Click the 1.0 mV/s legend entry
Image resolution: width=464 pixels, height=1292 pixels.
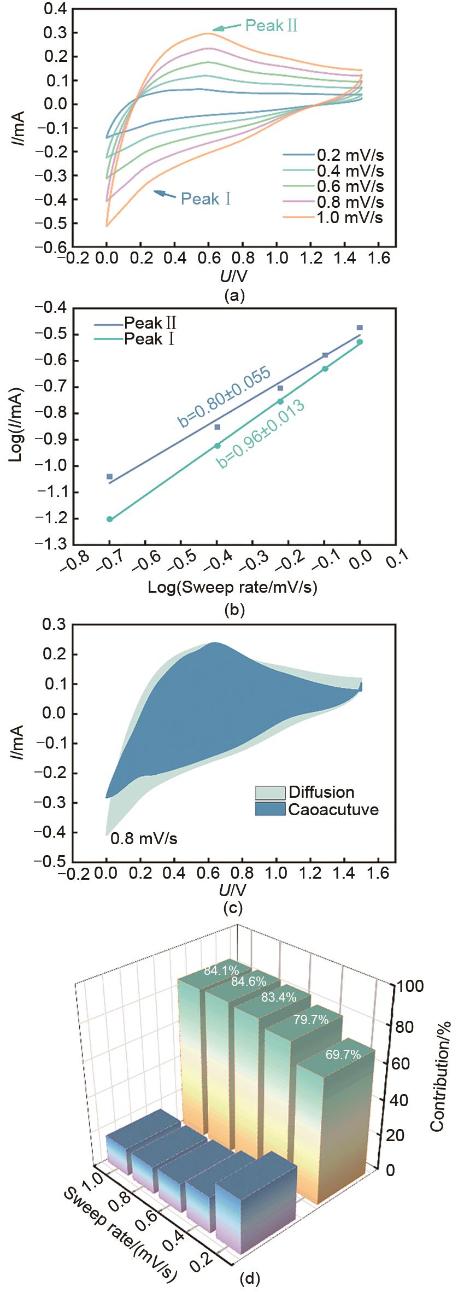click(x=350, y=218)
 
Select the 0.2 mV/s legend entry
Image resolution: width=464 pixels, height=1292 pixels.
click(x=350, y=155)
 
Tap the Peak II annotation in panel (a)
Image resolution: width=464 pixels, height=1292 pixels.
click(x=271, y=26)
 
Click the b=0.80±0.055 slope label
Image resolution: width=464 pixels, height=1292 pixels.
click(x=224, y=397)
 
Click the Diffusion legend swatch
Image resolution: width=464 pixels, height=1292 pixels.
click(x=270, y=792)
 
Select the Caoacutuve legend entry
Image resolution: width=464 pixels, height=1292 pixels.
click(x=333, y=809)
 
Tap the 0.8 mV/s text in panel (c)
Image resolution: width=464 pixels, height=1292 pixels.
click(x=144, y=838)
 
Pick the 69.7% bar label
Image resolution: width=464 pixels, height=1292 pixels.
click(x=343, y=1055)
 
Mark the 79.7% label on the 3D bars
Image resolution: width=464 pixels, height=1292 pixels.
click(x=311, y=1019)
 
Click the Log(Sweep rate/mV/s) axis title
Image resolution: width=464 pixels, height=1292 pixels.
click(x=233, y=587)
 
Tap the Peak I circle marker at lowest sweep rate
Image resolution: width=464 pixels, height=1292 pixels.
click(x=110, y=519)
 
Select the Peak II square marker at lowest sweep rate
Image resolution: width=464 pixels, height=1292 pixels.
click(x=110, y=477)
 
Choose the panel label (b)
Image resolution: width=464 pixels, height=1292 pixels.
click(x=234, y=609)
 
